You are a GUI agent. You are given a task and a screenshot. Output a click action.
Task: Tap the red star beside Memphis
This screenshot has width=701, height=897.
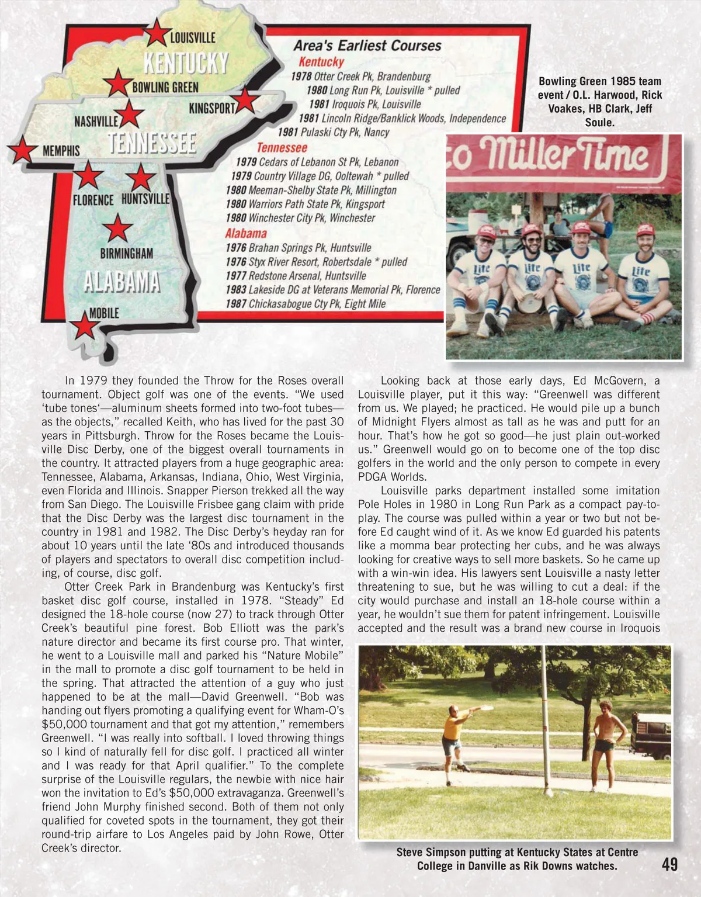(23, 150)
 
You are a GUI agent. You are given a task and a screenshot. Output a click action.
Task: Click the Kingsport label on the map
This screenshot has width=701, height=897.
(212, 109)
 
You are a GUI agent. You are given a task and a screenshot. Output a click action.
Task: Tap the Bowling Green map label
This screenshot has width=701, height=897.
(165, 88)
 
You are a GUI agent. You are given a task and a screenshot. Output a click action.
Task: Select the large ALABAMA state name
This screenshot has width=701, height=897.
(122, 282)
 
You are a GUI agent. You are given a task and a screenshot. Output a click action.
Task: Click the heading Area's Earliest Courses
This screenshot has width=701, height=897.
(367, 46)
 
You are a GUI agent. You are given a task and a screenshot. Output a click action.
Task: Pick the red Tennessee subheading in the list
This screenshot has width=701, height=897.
(282, 148)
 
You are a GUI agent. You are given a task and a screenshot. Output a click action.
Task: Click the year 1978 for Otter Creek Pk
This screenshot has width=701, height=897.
(301, 77)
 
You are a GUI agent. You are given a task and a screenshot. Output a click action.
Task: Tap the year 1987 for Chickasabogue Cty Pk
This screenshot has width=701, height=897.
(236, 304)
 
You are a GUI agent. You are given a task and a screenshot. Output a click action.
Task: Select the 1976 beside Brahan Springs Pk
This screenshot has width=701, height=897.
(236, 248)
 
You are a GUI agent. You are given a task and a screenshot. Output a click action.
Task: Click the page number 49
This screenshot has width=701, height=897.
(669, 864)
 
